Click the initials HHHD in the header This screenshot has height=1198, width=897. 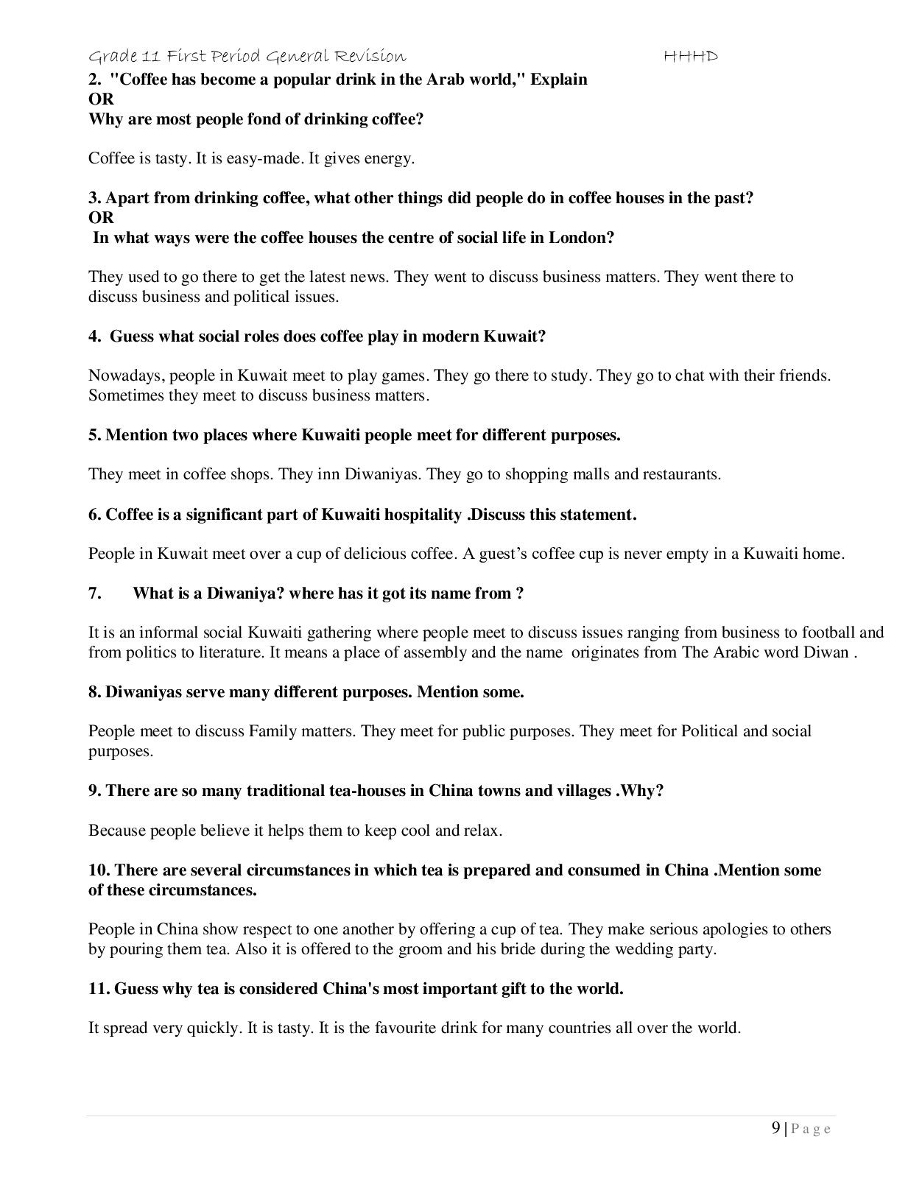[690, 56]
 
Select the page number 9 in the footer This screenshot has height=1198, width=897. [776, 1128]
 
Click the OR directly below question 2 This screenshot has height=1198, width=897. [101, 99]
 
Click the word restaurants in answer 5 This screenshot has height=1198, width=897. [682, 474]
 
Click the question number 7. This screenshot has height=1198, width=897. [95, 593]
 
